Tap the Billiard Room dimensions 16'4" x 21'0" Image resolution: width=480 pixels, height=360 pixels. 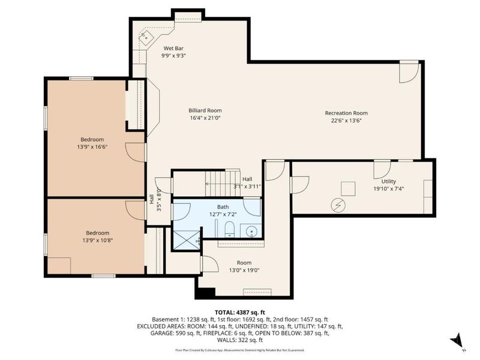(206, 118)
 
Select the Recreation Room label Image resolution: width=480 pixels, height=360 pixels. (346, 113)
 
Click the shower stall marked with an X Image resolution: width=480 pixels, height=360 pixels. (186, 239)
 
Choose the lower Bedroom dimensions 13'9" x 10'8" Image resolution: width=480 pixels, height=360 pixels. (97, 241)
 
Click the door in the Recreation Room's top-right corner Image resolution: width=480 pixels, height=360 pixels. (409, 73)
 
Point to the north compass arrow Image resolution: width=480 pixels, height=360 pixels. (457, 340)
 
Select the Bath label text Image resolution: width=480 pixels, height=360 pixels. (223, 207)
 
